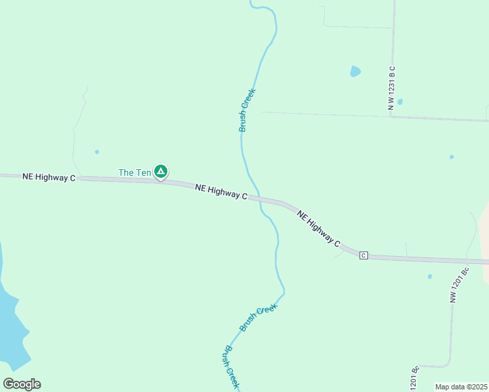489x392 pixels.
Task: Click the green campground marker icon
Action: [x=161, y=172]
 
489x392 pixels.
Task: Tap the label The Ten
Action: [x=135, y=172]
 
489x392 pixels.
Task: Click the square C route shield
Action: [x=363, y=255]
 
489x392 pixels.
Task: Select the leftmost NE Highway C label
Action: [x=49, y=177]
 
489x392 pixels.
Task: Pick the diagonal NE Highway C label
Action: [x=319, y=228]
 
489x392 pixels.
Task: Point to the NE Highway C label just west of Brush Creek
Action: [x=221, y=191]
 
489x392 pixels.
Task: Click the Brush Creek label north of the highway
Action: [x=246, y=110]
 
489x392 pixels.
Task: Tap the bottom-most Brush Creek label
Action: [x=231, y=367]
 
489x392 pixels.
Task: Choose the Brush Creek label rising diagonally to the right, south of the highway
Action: [x=258, y=317]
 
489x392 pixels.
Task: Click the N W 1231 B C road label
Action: [x=392, y=86]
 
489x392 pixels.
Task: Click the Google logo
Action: [x=22, y=384]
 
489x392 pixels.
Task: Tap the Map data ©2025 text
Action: [x=461, y=387]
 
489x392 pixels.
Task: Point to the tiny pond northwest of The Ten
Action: [x=97, y=152]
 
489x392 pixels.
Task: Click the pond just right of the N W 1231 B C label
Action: [x=399, y=102]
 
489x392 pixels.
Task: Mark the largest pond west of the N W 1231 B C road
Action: [x=355, y=71]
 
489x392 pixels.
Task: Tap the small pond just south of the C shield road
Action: [x=430, y=276]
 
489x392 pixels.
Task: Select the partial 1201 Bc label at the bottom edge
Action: [x=414, y=378]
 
